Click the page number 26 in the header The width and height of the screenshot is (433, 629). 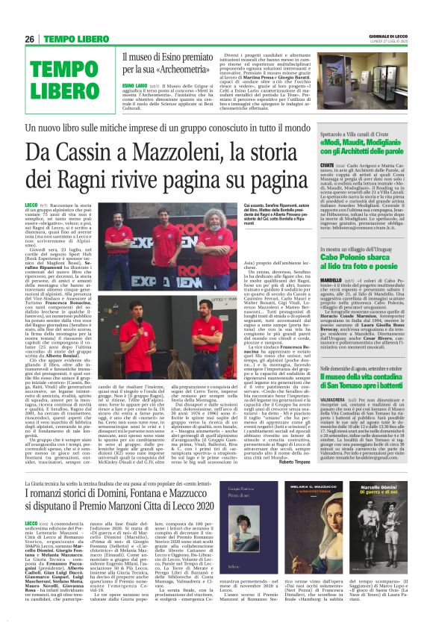(31, 38)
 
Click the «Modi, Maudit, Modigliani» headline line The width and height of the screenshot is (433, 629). (367, 139)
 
